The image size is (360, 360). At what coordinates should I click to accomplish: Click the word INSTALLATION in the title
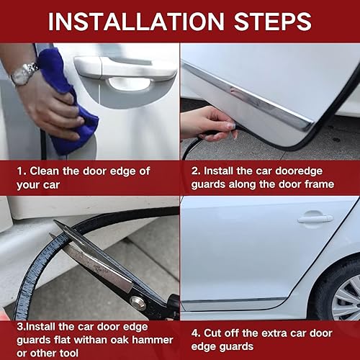click(x=136, y=22)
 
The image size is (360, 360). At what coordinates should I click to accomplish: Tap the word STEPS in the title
click(x=273, y=22)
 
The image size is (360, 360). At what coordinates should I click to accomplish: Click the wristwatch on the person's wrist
click(x=24, y=74)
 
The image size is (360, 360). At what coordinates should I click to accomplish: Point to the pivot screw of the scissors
click(x=138, y=303)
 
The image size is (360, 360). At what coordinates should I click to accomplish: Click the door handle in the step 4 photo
click(x=315, y=218)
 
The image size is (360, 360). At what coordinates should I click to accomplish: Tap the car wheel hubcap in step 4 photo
click(x=347, y=298)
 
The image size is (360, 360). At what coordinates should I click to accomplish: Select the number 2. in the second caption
click(x=196, y=171)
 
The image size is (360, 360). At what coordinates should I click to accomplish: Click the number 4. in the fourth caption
click(x=196, y=333)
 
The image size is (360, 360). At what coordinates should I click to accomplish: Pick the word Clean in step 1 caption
click(x=45, y=171)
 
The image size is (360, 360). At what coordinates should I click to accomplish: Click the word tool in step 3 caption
click(x=69, y=353)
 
